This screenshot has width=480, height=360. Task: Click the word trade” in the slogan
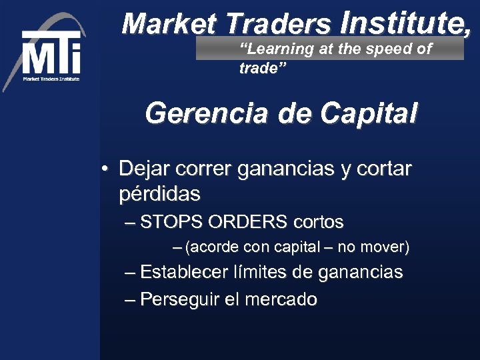pos(263,69)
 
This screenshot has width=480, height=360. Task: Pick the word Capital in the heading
pos(368,113)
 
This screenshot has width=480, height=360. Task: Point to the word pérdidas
pos(159,195)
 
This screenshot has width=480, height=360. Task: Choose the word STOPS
pos(172,221)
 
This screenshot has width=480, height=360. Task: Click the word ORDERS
pos(248,221)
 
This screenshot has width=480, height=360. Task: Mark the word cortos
pos(318,221)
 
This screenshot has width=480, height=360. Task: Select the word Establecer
pos(184,272)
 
